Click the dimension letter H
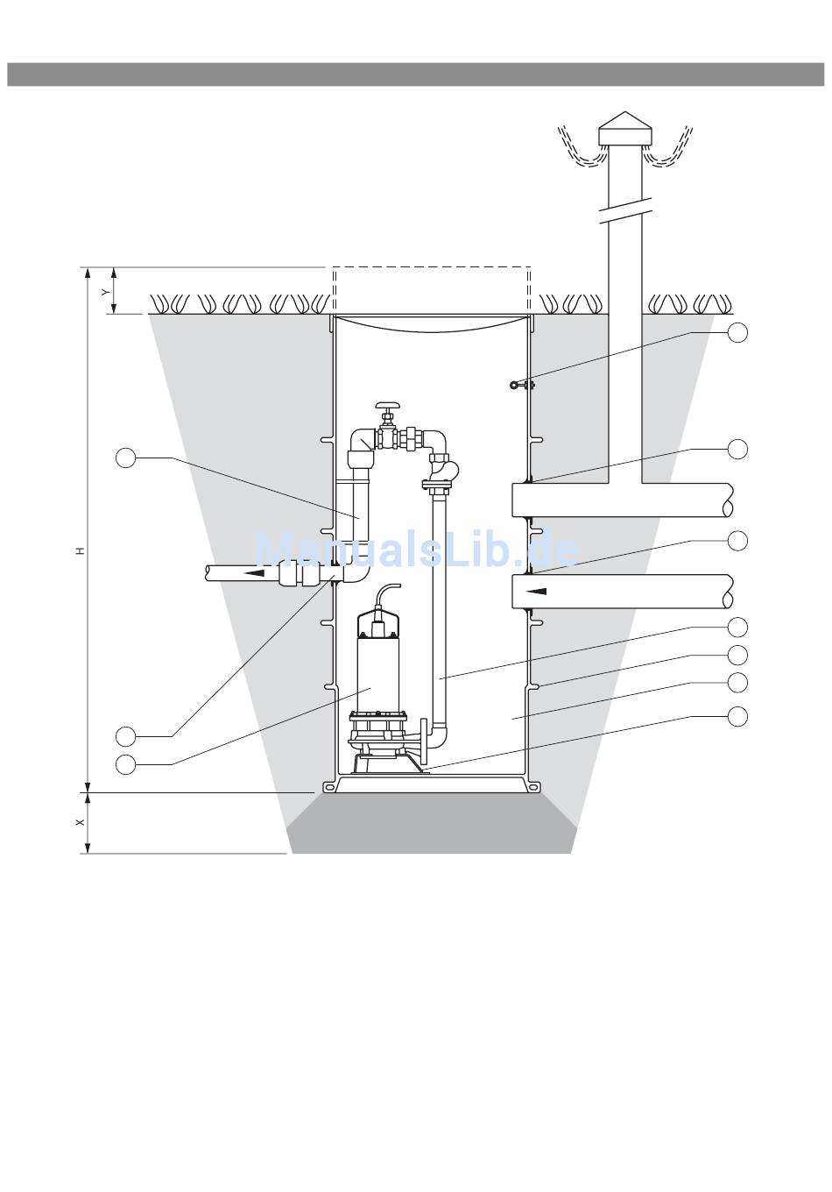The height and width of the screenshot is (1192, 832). tap(81, 550)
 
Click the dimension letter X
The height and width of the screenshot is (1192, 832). tap(81, 823)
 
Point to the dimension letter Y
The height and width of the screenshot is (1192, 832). tap(106, 292)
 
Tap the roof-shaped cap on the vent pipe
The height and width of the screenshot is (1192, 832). tap(624, 128)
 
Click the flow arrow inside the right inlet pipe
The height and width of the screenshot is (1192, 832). tap(537, 591)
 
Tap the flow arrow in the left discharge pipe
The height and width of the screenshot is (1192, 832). tap(254, 572)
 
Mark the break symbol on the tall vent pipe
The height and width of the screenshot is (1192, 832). tap(625, 211)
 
